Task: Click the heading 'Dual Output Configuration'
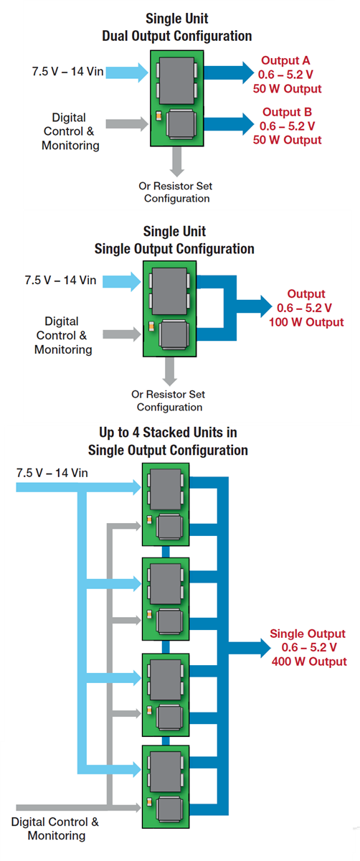click(x=177, y=35)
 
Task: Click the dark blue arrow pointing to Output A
click(x=229, y=72)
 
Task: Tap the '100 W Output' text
click(x=306, y=322)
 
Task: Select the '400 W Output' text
click(x=309, y=661)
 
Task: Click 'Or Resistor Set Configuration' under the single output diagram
click(x=169, y=400)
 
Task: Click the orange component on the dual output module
click(x=158, y=116)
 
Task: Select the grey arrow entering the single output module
click(x=125, y=334)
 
